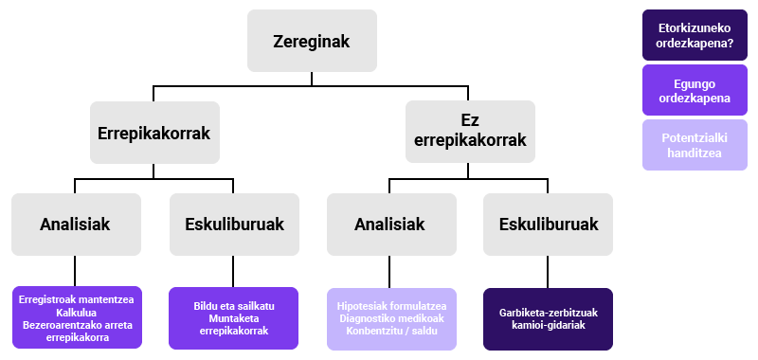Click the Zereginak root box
pos(312,41)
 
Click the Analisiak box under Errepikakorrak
pos(76,225)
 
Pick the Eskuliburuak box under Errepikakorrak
pos(234,225)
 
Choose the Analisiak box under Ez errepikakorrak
pos(389,225)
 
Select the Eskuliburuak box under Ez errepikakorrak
pos(548,225)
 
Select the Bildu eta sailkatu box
pos(234,318)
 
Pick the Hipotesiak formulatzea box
pos(389,318)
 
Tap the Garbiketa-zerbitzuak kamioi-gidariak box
pos(548,318)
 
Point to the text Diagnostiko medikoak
pos(389,318)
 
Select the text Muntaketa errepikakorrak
pos(234,325)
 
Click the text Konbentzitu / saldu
pos(389,331)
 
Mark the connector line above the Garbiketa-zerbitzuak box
pos(548,272)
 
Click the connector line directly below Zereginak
pos(312,79)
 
